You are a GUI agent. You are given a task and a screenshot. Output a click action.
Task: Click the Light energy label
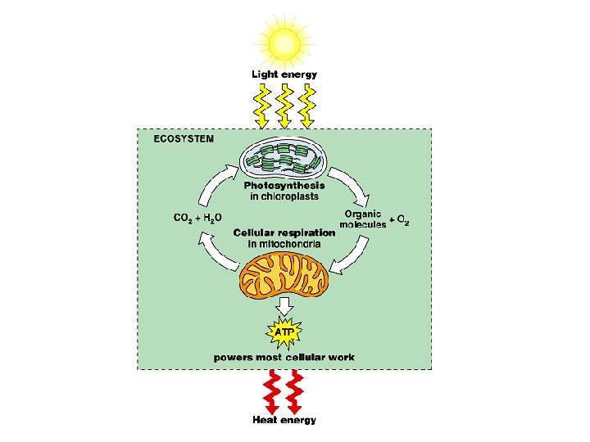click(284, 74)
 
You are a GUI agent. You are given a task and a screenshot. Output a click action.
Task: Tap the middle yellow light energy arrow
click(284, 105)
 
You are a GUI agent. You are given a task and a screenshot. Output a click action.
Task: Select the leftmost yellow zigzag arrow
click(261, 105)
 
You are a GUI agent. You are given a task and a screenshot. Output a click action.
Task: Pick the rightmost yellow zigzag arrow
click(306, 105)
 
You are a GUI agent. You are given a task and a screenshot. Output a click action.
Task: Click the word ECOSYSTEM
click(184, 139)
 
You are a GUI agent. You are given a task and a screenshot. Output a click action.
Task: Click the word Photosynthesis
click(284, 186)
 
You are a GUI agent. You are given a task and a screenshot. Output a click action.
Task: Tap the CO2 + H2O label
click(197, 218)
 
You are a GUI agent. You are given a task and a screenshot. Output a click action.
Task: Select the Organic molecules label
click(363, 219)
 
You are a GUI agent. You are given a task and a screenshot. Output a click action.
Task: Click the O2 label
click(402, 221)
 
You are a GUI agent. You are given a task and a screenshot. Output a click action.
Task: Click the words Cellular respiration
click(284, 232)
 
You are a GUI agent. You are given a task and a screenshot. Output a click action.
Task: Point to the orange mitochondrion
click(284, 274)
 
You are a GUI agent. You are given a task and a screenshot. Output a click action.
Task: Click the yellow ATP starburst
click(284, 333)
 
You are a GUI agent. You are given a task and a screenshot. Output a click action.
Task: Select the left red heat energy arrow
click(271, 393)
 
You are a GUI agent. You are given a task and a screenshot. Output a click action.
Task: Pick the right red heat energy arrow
click(295, 393)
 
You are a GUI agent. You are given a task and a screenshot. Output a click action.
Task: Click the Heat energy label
click(284, 420)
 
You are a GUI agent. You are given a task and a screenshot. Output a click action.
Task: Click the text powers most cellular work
click(284, 358)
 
